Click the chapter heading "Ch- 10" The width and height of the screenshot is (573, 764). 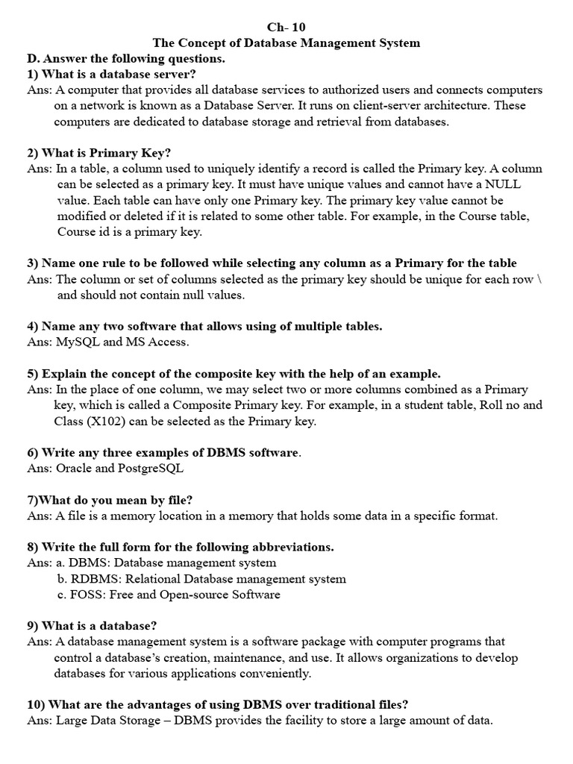[286, 27]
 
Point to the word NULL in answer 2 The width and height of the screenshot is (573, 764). [503, 184]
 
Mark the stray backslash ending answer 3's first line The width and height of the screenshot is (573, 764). [539, 280]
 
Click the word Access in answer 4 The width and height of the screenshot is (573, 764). [169, 342]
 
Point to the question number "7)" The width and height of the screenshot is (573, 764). [34, 500]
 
